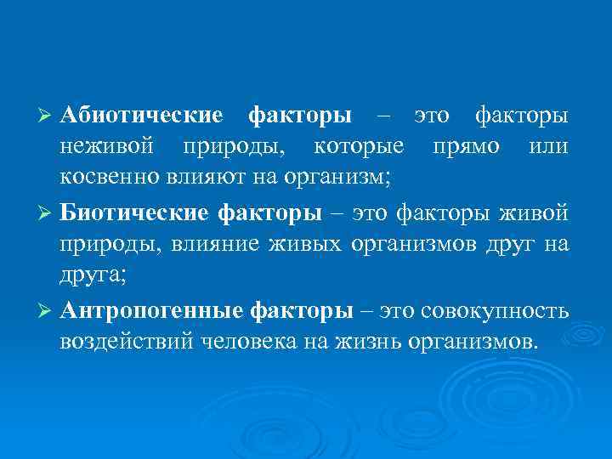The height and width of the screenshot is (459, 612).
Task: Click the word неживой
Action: click(107, 148)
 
